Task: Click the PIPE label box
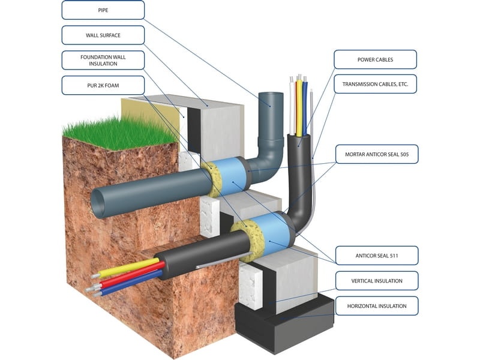(x=103, y=10)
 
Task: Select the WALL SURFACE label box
(x=103, y=35)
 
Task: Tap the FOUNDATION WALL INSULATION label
(x=103, y=60)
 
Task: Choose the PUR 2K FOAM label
(x=103, y=85)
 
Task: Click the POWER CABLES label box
(x=375, y=59)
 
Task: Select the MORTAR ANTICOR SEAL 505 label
(x=376, y=154)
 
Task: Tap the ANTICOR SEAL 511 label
(x=376, y=255)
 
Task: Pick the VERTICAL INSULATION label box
(x=376, y=280)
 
